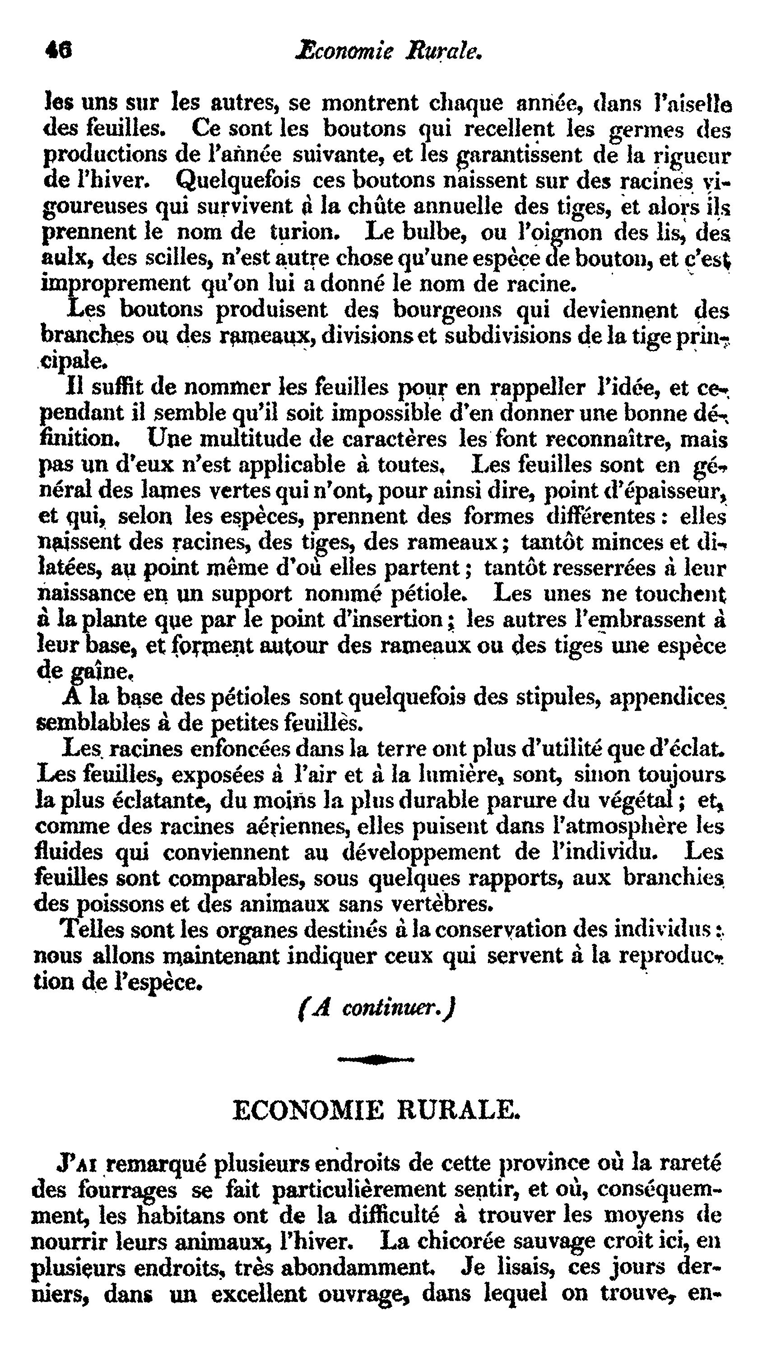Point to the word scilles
tap(171, 259)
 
